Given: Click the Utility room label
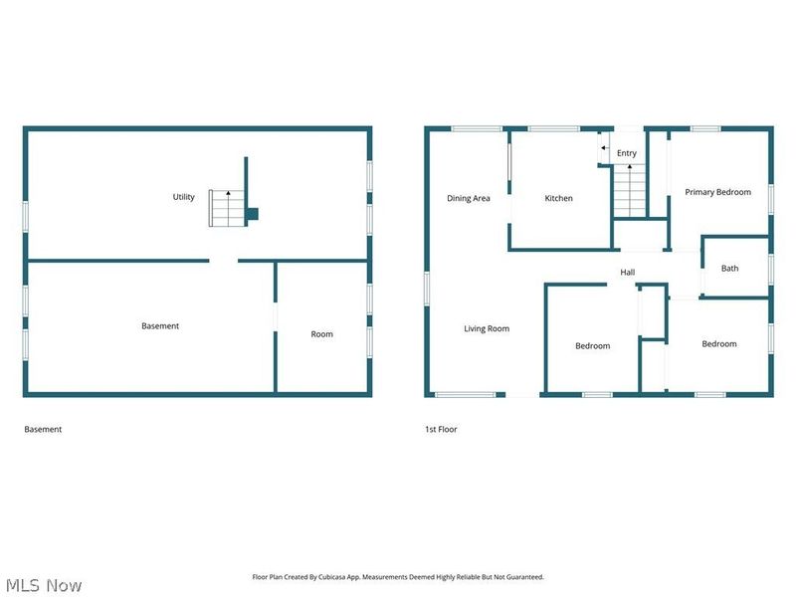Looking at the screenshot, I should tap(184, 197).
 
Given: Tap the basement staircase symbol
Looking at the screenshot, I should tap(226, 208).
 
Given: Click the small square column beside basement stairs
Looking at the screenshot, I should tap(252, 213).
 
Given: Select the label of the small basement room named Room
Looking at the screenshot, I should tap(321, 334).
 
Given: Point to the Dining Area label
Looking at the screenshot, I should tap(468, 198).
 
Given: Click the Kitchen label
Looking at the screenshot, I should tap(558, 198).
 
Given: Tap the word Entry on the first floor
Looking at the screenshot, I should tap(627, 153).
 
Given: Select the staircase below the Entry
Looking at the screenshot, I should tap(628, 191).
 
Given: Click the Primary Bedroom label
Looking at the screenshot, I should tap(717, 192).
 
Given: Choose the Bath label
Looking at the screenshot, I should tap(730, 268).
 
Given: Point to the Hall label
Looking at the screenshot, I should tap(627, 273).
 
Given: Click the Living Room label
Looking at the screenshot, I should tap(487, 328).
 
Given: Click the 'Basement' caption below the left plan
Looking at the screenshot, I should tap(43, 430).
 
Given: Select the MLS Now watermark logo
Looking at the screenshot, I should tap(44, 585).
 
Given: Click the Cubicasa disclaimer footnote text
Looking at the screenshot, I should tap(396, 577).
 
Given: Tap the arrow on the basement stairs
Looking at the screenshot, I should tap(227, 193).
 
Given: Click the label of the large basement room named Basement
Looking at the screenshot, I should tap(160, 326).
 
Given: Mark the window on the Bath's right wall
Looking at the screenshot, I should tap(771, 269).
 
